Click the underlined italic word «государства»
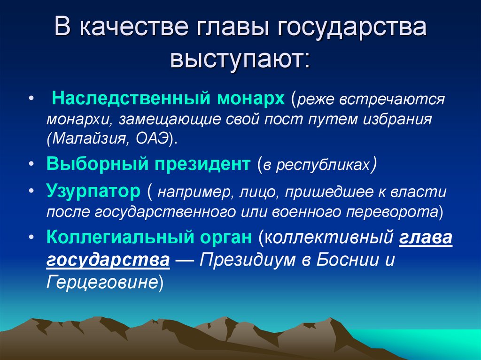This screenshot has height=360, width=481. tap(108, 260)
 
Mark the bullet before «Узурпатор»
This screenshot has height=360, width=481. tap(31, 192)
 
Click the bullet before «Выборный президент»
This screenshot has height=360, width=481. tap(31, 165)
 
